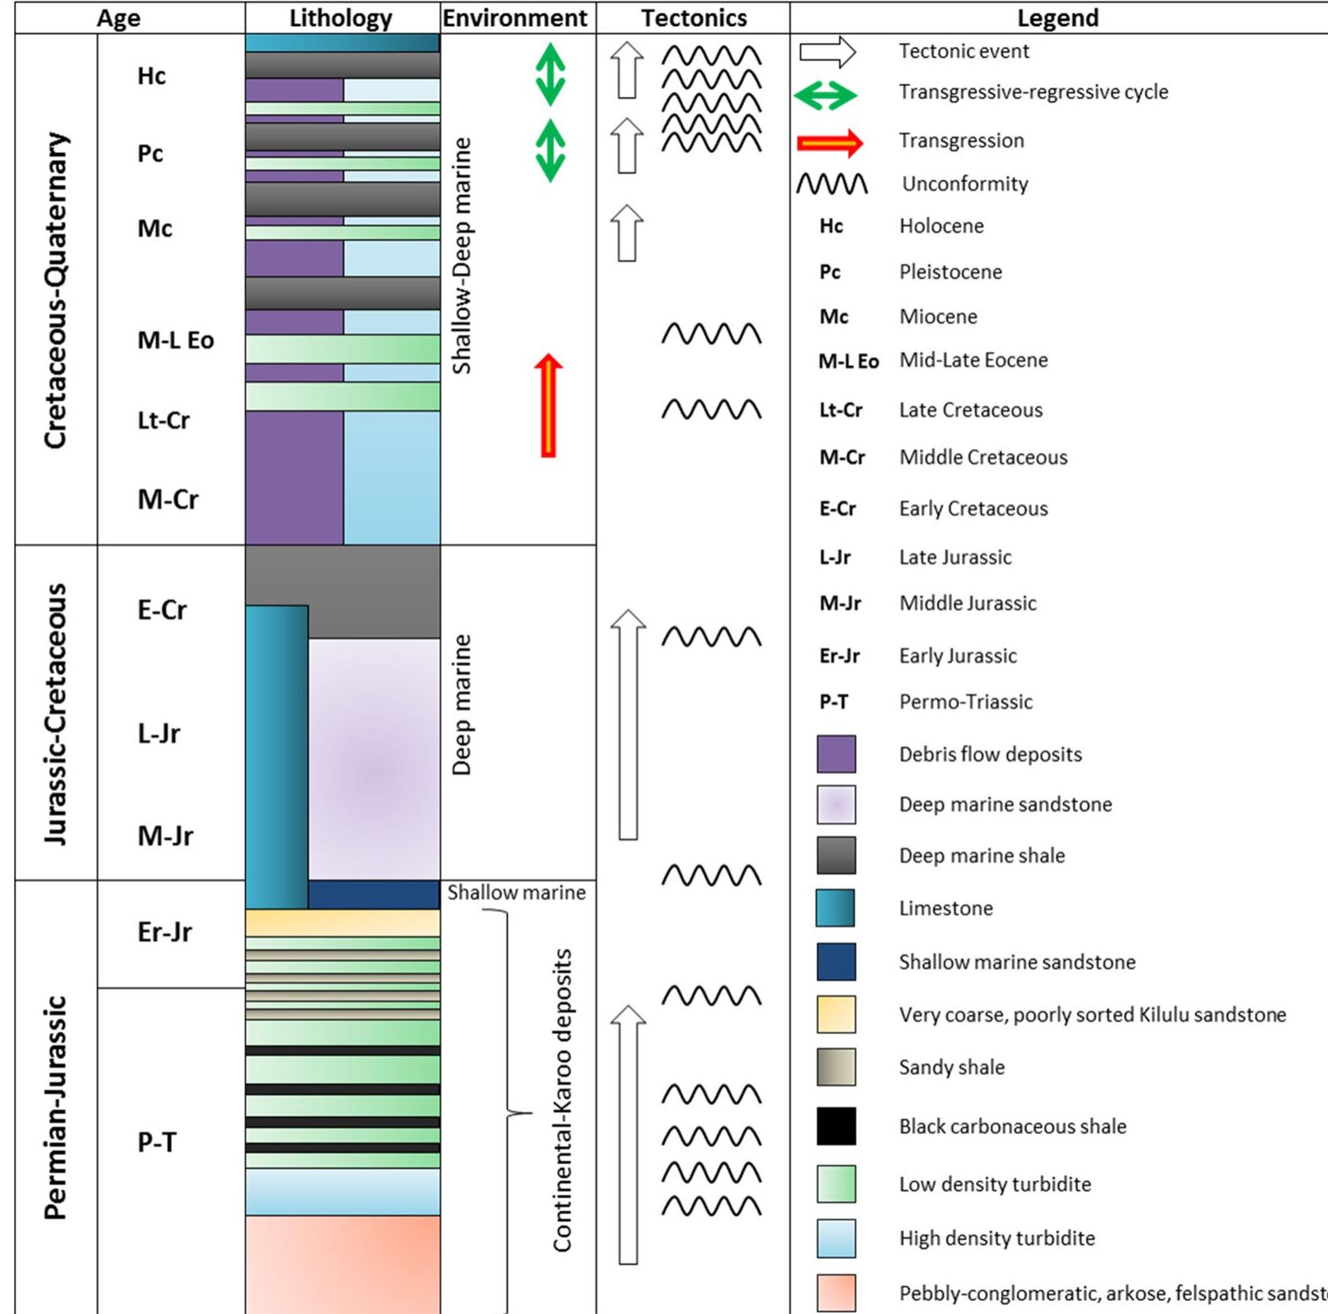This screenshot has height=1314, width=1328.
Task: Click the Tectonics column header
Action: coord(693,18)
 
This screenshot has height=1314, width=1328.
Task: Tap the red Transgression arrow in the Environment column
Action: coord(548,406)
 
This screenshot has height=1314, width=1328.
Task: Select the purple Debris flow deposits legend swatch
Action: coord(836,754)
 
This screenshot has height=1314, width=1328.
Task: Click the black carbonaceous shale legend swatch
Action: coord(836,1127)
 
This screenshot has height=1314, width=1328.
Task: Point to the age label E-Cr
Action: coord(162,610)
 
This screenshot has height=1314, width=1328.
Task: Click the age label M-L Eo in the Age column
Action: coord(175,340)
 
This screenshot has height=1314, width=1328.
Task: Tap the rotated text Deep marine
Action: coord(461,705)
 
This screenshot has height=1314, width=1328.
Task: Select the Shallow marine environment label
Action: coord(516,893)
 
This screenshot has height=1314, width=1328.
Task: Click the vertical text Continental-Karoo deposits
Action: coord(563,1100)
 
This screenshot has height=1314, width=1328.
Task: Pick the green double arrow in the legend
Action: coord(825,95)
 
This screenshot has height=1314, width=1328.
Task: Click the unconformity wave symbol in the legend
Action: coord(832,184)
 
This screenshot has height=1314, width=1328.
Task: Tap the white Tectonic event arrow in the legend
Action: coord(828,52)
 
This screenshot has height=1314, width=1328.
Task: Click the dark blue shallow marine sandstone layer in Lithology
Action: coord(373,894)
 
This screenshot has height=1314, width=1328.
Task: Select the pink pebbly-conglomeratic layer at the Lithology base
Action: coord(343,1263)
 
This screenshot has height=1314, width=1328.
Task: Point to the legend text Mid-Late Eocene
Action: coord(973,360)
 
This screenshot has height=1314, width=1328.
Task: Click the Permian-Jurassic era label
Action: coord(55,1107)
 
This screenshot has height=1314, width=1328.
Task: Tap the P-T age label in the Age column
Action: coord(157,1143)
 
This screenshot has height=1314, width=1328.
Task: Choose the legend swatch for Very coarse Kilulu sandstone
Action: coord(836,1014)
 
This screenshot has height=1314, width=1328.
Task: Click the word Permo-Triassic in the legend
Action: coord(965,702)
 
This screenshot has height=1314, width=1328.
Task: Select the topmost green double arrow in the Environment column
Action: coord(550,74)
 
